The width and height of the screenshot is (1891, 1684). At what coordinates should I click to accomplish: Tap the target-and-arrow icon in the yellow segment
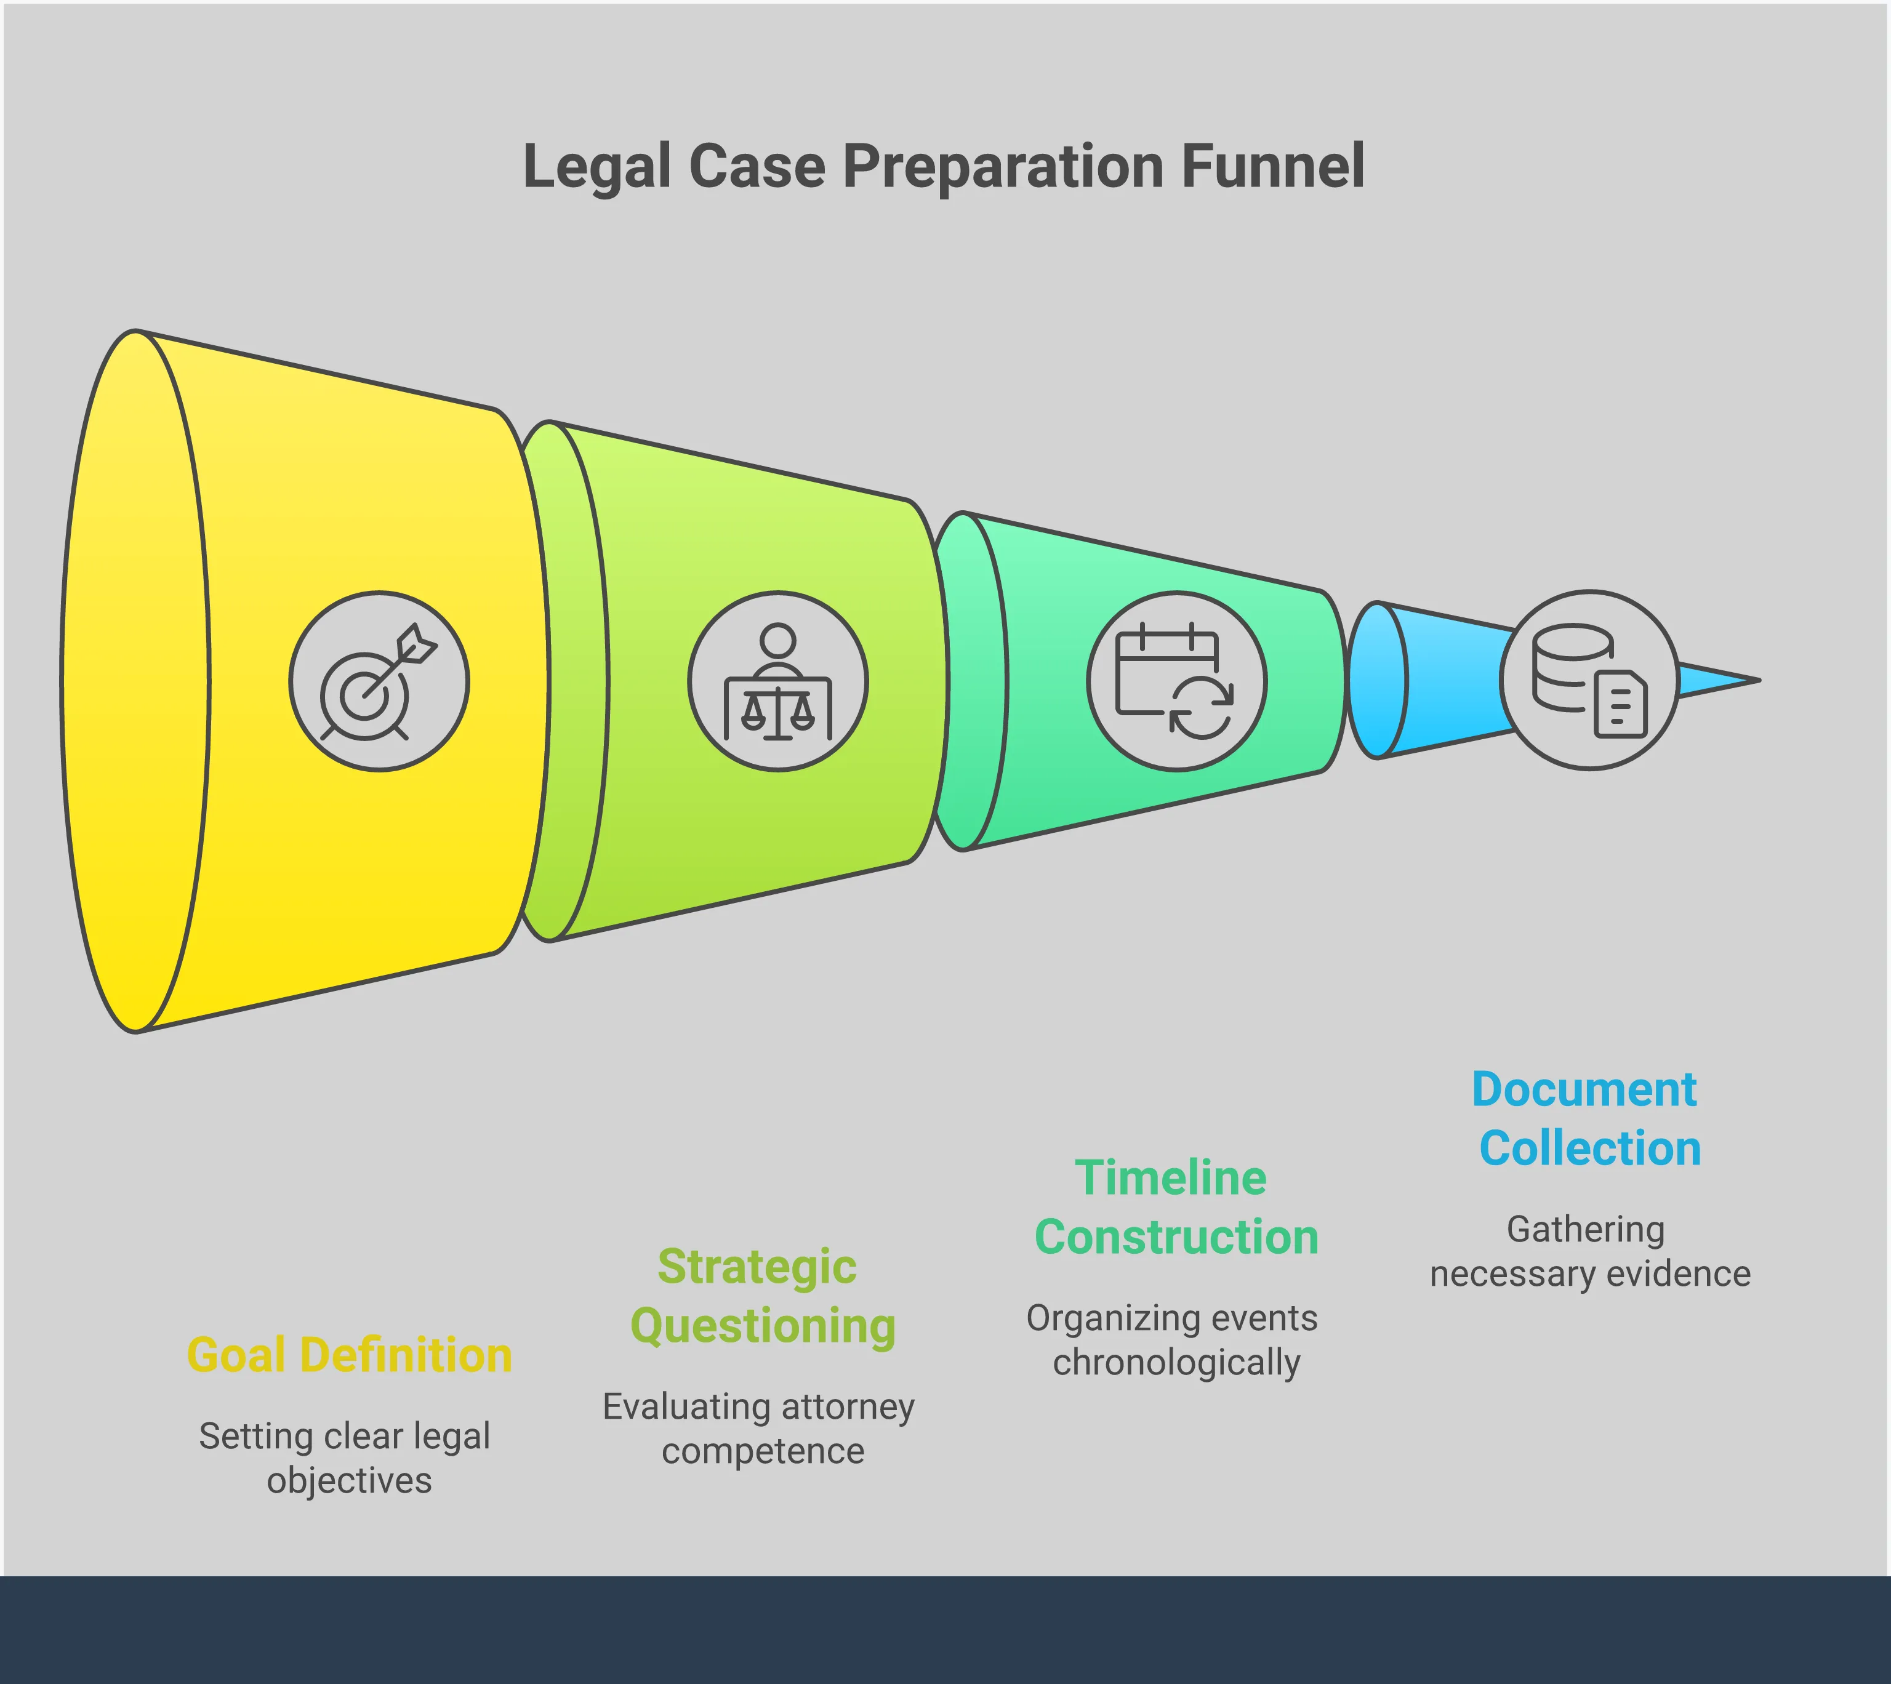click(x=379, y=681)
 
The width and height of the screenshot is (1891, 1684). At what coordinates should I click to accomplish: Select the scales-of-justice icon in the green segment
click(x=778, y=681)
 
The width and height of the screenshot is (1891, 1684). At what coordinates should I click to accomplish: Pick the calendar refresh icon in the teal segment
click(x=1176, y=681)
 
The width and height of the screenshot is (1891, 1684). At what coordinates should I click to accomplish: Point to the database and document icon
click(x=1589, y=680)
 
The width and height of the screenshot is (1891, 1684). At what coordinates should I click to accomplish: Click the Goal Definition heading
click(x=349, y=1355)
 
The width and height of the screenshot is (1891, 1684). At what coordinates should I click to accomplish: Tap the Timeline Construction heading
click(x=1175, y=1208)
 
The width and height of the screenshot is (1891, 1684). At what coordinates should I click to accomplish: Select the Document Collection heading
click(x=1588, y=1118)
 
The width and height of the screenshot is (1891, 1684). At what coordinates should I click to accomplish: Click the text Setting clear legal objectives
click(x=346, y=1458)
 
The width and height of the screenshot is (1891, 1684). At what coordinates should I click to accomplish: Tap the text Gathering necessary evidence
click(x=1589, y=1251)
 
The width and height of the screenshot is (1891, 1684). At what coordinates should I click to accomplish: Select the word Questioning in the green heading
click(x=762, y=1326)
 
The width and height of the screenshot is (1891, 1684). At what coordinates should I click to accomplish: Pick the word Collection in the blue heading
click(x=1589, y=1149)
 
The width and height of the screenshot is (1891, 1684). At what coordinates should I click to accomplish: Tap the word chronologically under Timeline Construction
click(x=1176, y=1362)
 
